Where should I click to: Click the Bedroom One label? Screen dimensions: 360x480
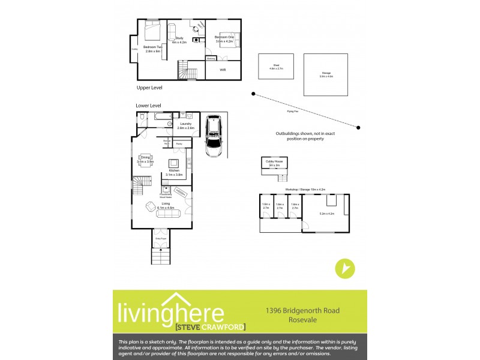click(x=224, y=37)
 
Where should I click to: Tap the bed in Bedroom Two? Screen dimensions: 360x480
click(x=151, y=29)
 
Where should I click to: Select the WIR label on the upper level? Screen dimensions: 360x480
click(x=223, y=70)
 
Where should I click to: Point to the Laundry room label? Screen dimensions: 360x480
click(x=185, y=124)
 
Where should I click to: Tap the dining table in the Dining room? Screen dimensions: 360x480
click(x=146, y=161)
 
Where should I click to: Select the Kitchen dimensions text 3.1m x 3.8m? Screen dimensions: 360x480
click(x=175, y=175)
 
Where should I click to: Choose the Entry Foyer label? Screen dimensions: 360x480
click(x=161, y=239)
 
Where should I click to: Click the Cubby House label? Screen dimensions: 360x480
click(x=274, y=160)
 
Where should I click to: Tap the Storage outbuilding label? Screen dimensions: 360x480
click(x=326, y=73)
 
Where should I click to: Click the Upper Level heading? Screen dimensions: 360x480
click(x=149, y=88)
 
